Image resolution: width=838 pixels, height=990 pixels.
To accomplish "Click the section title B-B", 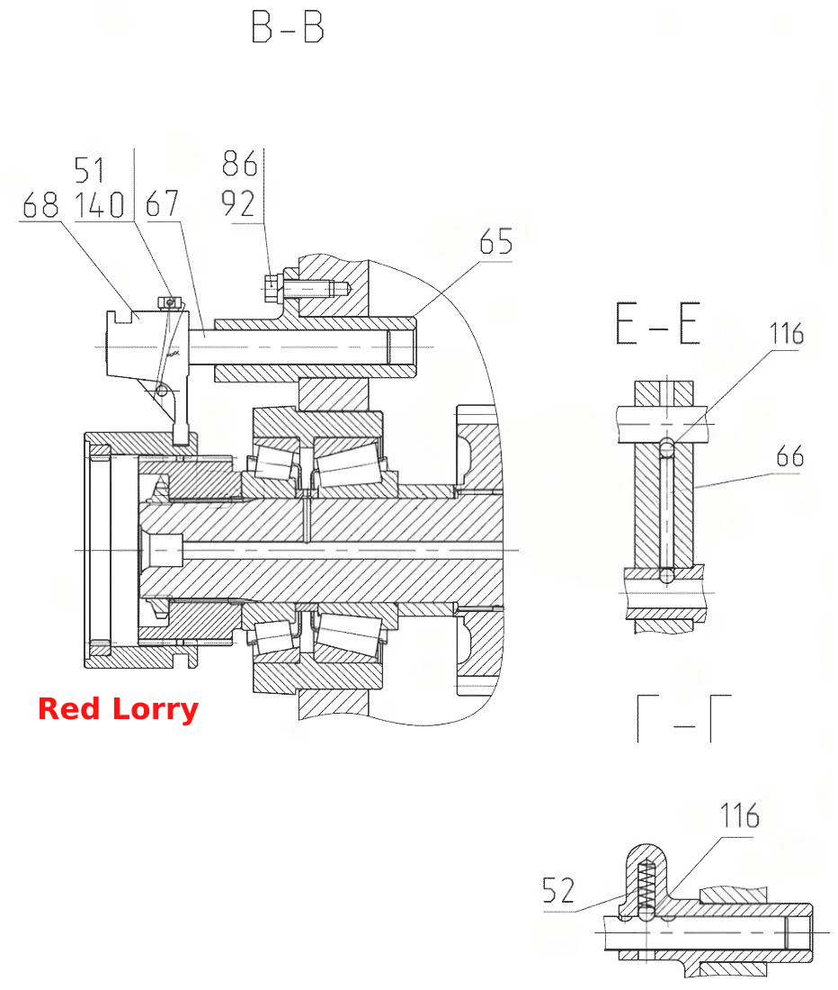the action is pyautogui.click(x=288, y=27).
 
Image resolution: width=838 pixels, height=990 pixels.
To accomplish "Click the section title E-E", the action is pyautogui.click(x=657, y=323).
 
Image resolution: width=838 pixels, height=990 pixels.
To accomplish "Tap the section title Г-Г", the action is pyautogui.click(x=684, y=718).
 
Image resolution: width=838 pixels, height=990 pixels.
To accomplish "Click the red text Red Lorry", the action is pyautogui.click(x=119, y=709).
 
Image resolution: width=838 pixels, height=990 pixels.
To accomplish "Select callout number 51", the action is pyautogui.click(x=89, y=170).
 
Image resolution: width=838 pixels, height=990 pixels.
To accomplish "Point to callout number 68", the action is pyautogui.click(x=40, y=205).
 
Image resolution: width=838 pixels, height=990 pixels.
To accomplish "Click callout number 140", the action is pyautogui.click(x=100, y=205).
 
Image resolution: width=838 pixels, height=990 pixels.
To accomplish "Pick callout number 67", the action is pyautogui.click(x=162, y=204).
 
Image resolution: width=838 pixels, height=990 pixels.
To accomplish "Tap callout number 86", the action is pyautogui.click(x=239, y=164).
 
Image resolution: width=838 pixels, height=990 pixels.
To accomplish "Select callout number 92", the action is pyautogui.click(x=238, y=203).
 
